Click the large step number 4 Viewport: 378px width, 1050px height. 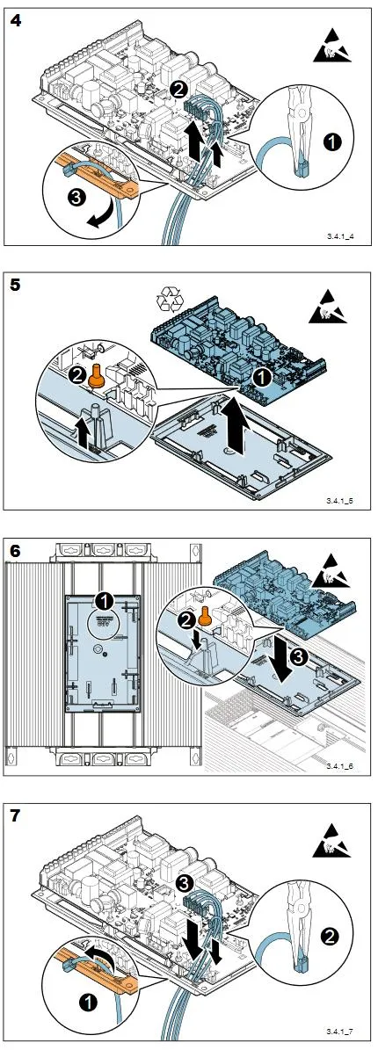coord(15,20)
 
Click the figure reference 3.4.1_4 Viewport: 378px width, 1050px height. coord(340,236)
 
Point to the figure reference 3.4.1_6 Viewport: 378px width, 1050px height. coord(340,764)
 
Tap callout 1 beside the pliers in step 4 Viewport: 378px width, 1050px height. coord(332,142)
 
